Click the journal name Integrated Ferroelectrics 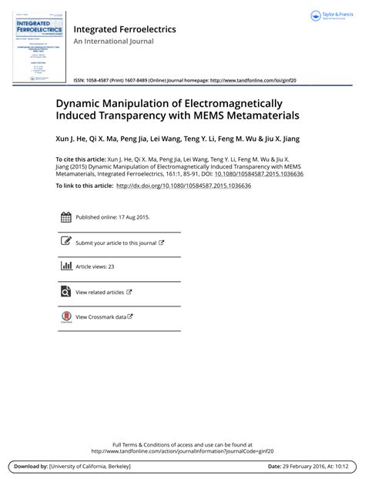[124, 29]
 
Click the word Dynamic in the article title [81, 103]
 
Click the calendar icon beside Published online [65, 217]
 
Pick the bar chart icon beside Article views [65, 267]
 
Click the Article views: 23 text [94, 267]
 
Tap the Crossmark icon [65, 317]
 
